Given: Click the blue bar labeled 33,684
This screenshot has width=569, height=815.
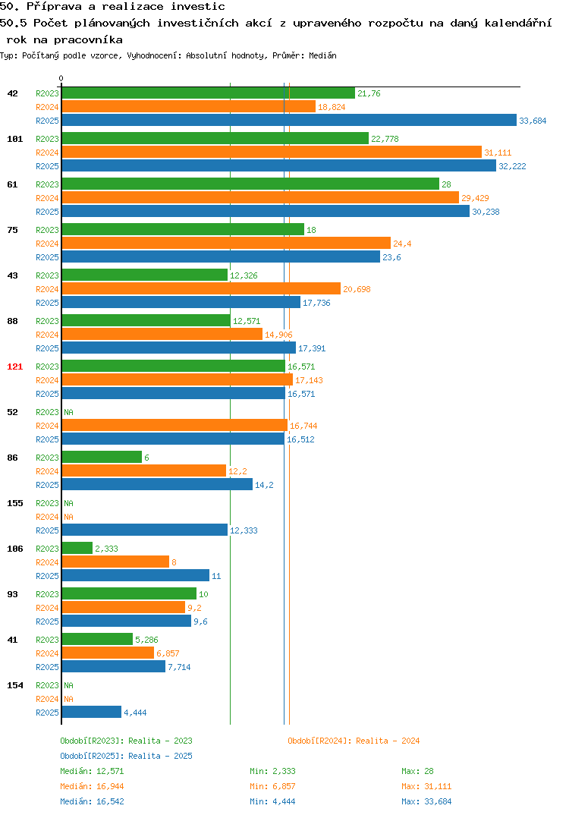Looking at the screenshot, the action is [x=289, y=120].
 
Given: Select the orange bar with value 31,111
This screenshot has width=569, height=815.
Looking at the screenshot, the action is [x=272, y=152].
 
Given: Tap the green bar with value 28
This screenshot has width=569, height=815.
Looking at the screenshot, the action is [x=250, y=184].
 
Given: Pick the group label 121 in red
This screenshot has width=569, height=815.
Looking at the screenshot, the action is [x=15, y=367].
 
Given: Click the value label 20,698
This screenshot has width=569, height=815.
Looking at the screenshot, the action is [x=357, y=289].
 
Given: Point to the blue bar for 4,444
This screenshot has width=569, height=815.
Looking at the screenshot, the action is [x=92, y=712].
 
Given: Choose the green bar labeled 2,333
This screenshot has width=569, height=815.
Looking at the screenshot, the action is [x=77, y=548].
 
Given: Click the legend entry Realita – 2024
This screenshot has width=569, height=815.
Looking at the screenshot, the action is [x=354, y=741].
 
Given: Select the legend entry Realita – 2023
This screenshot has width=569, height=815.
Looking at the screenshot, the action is [x=126, y=741].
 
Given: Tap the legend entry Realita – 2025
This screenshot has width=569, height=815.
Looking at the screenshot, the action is [x=126, y=756].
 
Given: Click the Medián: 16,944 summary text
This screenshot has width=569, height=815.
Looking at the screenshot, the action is [x=92, y=786].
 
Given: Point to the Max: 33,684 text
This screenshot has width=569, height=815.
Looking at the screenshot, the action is [x=426, y=801].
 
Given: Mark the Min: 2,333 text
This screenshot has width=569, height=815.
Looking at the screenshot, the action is [x=272, y=771].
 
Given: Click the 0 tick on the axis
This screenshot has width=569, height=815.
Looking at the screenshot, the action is [x=61, y=78].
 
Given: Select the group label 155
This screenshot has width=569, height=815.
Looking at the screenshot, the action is [x=15, y=503].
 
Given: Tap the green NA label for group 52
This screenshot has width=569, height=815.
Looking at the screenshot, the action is [x=68, y=412].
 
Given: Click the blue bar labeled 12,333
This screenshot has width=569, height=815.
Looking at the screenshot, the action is [x=144, y=530].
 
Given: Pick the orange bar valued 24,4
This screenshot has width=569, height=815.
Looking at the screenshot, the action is [x=226, y=243].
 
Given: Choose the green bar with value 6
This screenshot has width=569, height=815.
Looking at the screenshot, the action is [x=102, y=457].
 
